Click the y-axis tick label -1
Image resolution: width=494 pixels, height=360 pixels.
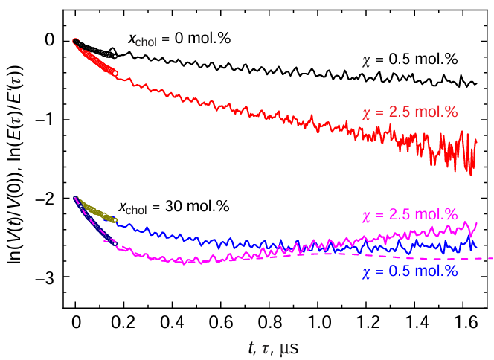coord(45,120)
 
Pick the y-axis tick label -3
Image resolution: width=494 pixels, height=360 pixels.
coord(45,277)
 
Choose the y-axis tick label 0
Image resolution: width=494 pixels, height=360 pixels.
coord(49,40)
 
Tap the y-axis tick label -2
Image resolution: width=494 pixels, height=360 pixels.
coord(45,199)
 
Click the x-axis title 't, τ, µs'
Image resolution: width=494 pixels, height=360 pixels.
coord(273,347)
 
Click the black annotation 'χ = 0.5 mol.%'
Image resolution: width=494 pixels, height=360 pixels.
coord(409,60)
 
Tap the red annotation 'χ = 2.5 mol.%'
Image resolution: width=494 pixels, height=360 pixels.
coord(409,113)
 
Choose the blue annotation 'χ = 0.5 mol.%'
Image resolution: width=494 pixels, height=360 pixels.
coord(409,271)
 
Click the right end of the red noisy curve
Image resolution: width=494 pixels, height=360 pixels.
coord(476,140)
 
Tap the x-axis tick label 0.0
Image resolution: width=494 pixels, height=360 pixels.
coord(76,324)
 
